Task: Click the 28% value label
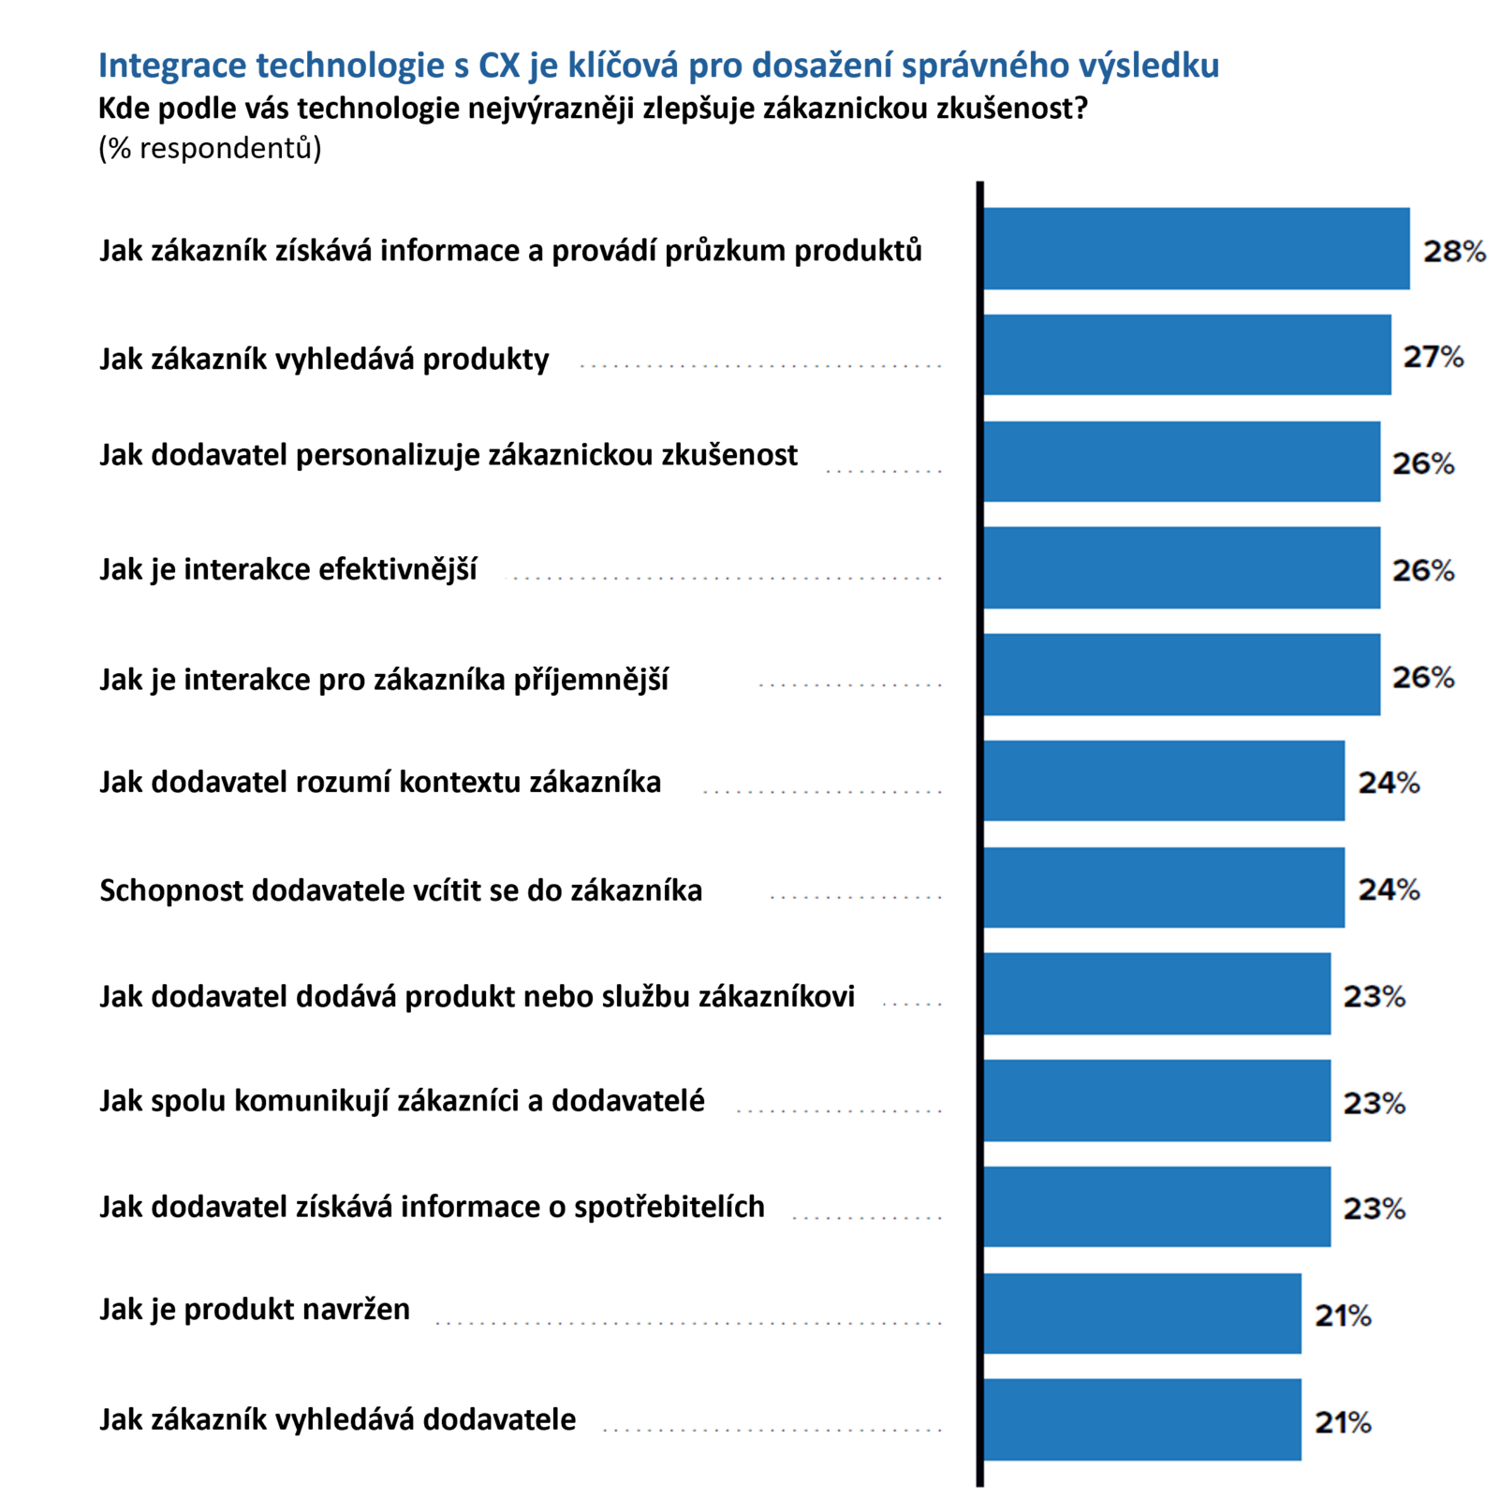point(1453,251)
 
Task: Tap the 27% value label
point(1433,357)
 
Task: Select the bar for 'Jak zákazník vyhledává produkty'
point(1186,355)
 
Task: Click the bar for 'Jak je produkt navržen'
point(1141,1313)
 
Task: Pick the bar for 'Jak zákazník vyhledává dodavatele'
point(1141,1419)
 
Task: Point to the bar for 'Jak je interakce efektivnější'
point(1181,567)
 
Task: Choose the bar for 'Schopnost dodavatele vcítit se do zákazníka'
point(1163,888)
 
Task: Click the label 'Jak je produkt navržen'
point(255,1309)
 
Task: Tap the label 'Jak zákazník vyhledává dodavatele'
point(337,1419)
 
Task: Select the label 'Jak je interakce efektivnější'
point(288,569)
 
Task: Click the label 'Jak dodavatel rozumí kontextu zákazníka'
point(380,782)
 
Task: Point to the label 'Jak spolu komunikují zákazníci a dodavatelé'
point(402,1101)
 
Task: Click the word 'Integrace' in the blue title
point(172,66)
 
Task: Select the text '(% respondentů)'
point(210,148)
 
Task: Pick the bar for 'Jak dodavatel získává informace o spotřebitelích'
point(1156,1207)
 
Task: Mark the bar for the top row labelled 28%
point(1196,249)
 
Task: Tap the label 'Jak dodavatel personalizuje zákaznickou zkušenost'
point(449,455)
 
